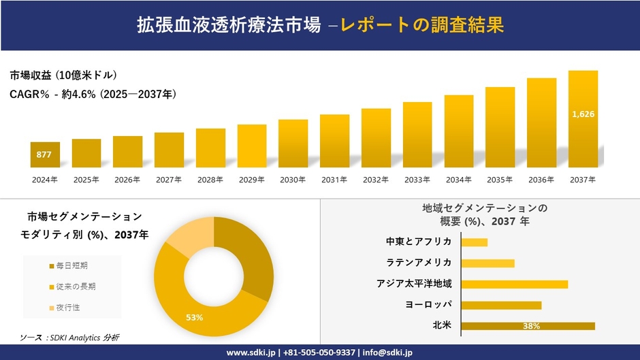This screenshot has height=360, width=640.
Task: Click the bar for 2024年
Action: click(x=45, y=154)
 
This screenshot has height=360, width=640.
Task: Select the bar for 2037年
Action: click(x=583, y=119)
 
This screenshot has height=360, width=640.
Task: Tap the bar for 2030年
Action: click(x=293, y=144)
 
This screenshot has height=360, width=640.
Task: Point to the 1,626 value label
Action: click(x=583, y=114)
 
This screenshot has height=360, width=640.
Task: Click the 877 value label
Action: click(x=44, y=154)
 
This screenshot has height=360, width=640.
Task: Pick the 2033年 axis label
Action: click(x=417, y=180)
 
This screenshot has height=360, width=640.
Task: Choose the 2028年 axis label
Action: click(x=210, y=180)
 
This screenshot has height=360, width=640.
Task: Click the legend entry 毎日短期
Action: click(x=71, y=265)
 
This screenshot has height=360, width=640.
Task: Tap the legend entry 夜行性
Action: click(x=67, y=308)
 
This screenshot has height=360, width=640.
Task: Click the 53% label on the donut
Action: click(x=195, y=317)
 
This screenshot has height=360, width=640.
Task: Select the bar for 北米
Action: click(x=528, y=326)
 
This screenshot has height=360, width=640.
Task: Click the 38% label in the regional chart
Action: click(x=531, y=326)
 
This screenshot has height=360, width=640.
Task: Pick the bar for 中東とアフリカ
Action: click(x=475, y=242)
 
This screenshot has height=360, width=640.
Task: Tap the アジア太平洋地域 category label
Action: click(x=414, y=284)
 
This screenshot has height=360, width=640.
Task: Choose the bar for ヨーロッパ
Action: click(x=501, y=305)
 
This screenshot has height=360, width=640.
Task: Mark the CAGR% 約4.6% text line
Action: click(x=94, y=95)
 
